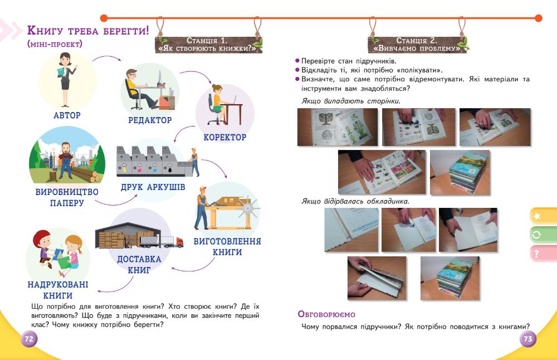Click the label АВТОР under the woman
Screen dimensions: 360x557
click(67, 115)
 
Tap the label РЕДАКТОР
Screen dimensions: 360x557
click(150, 120)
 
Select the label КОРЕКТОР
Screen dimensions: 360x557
click(224, 137)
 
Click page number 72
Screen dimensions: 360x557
click(29, 339)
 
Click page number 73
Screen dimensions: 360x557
click(527, 339)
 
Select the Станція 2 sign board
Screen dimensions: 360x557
click(417, 44)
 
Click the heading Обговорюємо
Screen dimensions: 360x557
click(326, 315)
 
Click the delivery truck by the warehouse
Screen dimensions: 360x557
click(162, 241)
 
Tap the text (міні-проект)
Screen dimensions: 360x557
click(55, 43)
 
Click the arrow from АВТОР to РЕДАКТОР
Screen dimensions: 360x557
click(106, 59)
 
